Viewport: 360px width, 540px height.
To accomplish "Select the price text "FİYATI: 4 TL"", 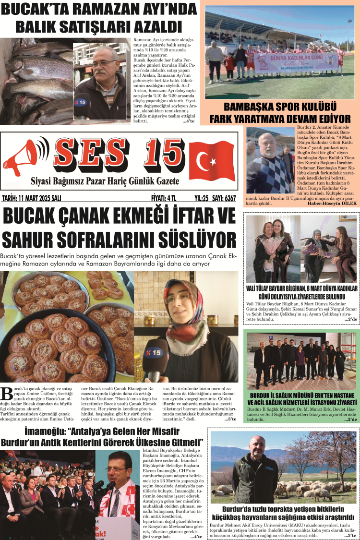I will (164, 198).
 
